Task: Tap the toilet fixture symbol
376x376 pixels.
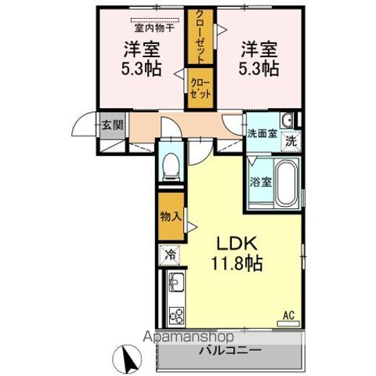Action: [x=170, y=165]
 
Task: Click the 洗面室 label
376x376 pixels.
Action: [x=261, y=133]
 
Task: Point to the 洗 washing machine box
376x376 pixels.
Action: [x=289, y=142]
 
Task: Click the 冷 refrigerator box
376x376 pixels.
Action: [x=169, y=254]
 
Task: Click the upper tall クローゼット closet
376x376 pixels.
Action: [x=200, y=37]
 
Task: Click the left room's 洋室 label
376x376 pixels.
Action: [x=142, y=49]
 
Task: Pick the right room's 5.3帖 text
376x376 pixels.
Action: [x=259, y=68]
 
